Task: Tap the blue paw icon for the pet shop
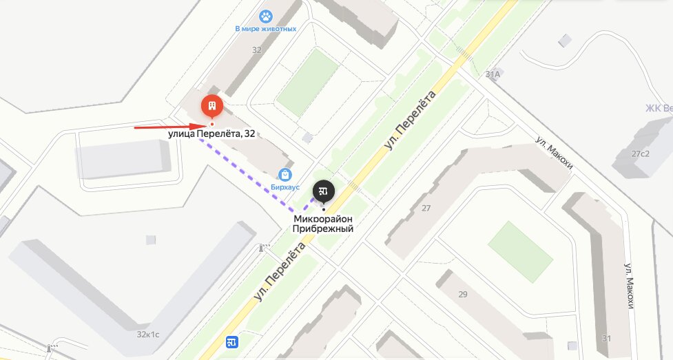click(x=266, y=16)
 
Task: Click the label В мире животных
click(x=266, y=29)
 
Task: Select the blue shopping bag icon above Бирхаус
click(x=284, y=175)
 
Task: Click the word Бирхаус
click(x=284, y=187)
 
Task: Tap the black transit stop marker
click(x=323, y=190)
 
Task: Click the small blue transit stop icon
click(x=231, y=341)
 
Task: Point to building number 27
click(x=426, y=209)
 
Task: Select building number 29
click(x=462, y=295)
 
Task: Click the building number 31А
click(x=493, y=74)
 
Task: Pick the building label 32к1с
click(x=147, y=334)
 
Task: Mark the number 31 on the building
click(x=605, y=338)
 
